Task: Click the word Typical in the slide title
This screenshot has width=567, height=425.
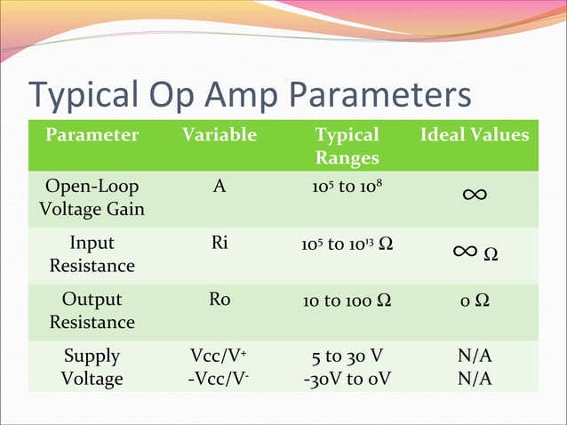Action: (86, 96)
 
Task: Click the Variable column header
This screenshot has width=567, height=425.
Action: (220, 135)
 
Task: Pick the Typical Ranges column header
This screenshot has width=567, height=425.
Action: (347, 147)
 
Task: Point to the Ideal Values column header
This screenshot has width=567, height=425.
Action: (475, 135)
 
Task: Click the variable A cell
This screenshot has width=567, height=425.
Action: (220, 188)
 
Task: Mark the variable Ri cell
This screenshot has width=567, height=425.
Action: (220, 244)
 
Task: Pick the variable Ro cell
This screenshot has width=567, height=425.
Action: (220, 300)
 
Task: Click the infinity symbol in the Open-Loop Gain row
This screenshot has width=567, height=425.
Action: (474, 194)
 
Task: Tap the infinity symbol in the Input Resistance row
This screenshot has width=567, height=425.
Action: (466, 253)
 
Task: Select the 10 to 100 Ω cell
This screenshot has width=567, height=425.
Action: (347, 301)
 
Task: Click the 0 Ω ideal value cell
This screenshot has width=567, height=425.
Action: (475, 301)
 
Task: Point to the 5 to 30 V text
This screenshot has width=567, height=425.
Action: (347, 357)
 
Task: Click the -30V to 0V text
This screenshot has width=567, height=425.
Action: (347, 379)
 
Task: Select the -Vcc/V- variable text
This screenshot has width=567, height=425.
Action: (220, 379)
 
